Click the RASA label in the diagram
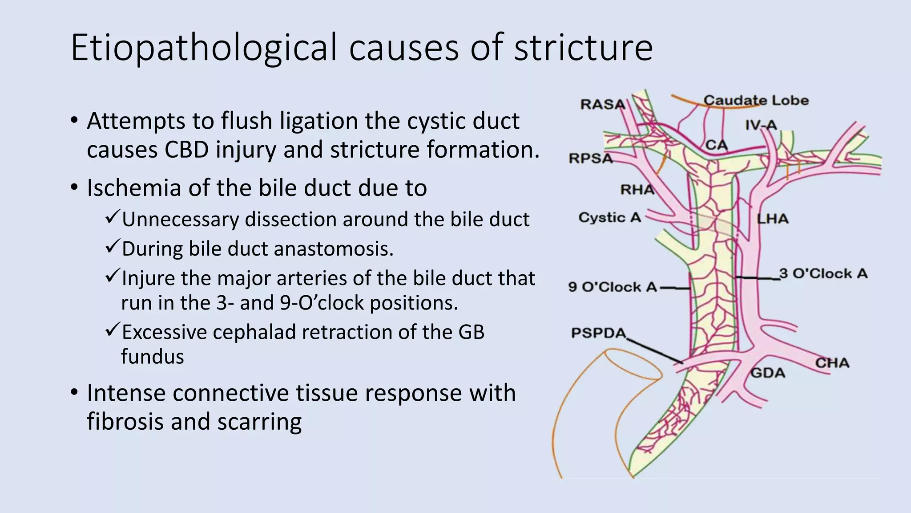click(x=603, y=104)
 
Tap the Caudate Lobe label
click(x=756, y=100)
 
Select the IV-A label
click(x=761, y=125)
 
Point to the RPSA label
click(x=591, y=158)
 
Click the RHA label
click(x=637, y=190)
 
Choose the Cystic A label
click(x=609, y=217)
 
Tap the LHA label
click(x=773, y=219)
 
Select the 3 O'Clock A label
click(x=823, y=273)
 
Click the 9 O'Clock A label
click(x=613, y=287)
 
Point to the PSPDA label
click(x=599, y=333)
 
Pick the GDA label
click(x=768, y=372)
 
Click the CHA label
click(x=832, y=363)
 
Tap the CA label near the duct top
click(x=717, y=145)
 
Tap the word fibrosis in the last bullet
click(x=125, y=421)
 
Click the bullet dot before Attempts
click(x=74, y=120)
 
